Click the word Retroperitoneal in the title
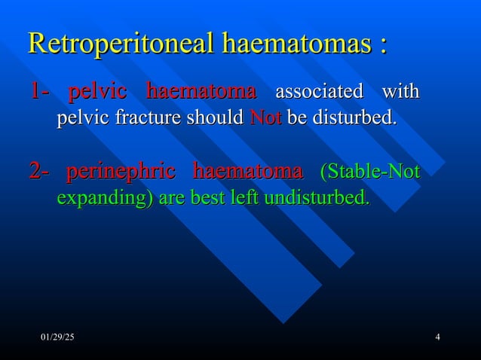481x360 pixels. (121, 44)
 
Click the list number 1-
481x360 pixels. (38, 93)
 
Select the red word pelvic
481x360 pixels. (97, 93)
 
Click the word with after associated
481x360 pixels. (400, 93)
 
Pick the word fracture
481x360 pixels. (144, 119)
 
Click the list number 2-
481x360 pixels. (38, 172)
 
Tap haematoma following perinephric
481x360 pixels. (248, 172)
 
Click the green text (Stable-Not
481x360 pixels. (369, 172)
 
